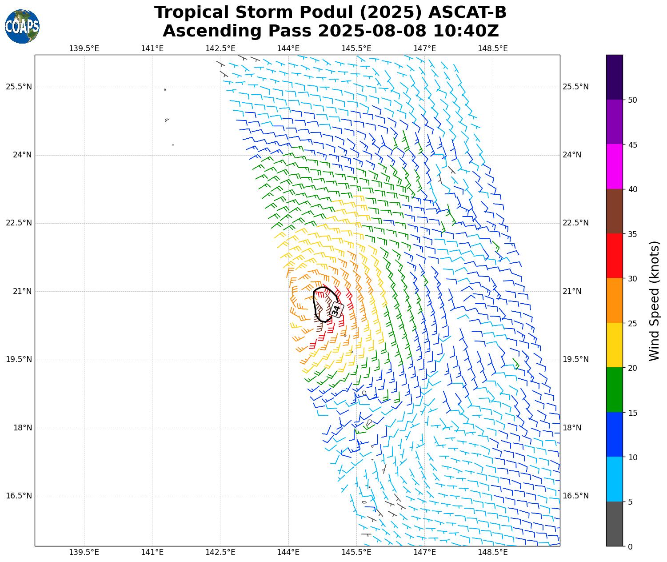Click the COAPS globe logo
pos(22,26)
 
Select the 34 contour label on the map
pos(336,309)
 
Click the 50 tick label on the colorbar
pos(632,100)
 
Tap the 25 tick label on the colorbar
pos(632,323)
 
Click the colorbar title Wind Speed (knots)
pos(654,301)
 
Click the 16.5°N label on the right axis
pos(575,496)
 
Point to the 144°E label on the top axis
pos(288,48)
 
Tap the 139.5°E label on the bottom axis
pos(84,552)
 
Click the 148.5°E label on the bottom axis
pos(493,552)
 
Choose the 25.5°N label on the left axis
pos(19,87)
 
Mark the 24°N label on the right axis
pos(572,155)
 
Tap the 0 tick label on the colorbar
pos(630,547)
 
